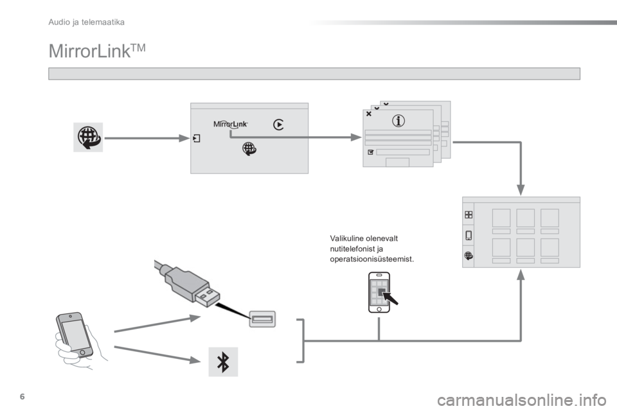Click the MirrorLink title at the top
[x=97, y=51]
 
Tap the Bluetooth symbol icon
[x=223, y=362]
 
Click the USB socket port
[x=262, y=319]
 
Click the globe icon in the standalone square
[x=88, y=137]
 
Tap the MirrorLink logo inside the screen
[x=231, y=124]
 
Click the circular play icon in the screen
[x=278, y=125]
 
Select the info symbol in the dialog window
[x=398, y=120]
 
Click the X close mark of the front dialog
[x=369, y=114]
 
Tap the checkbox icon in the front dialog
[x=370, y=152]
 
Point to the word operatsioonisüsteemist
[x=372, y=259]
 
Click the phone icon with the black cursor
[x=382, y=292]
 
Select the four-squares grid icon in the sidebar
[x=469, y=214]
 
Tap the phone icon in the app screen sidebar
[x=469, y=235]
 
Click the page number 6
[x=22, y=396]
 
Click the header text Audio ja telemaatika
[x=86, y=22]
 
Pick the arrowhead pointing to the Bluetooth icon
[x=195, y=360]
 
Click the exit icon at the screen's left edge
[x=197, y=138]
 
